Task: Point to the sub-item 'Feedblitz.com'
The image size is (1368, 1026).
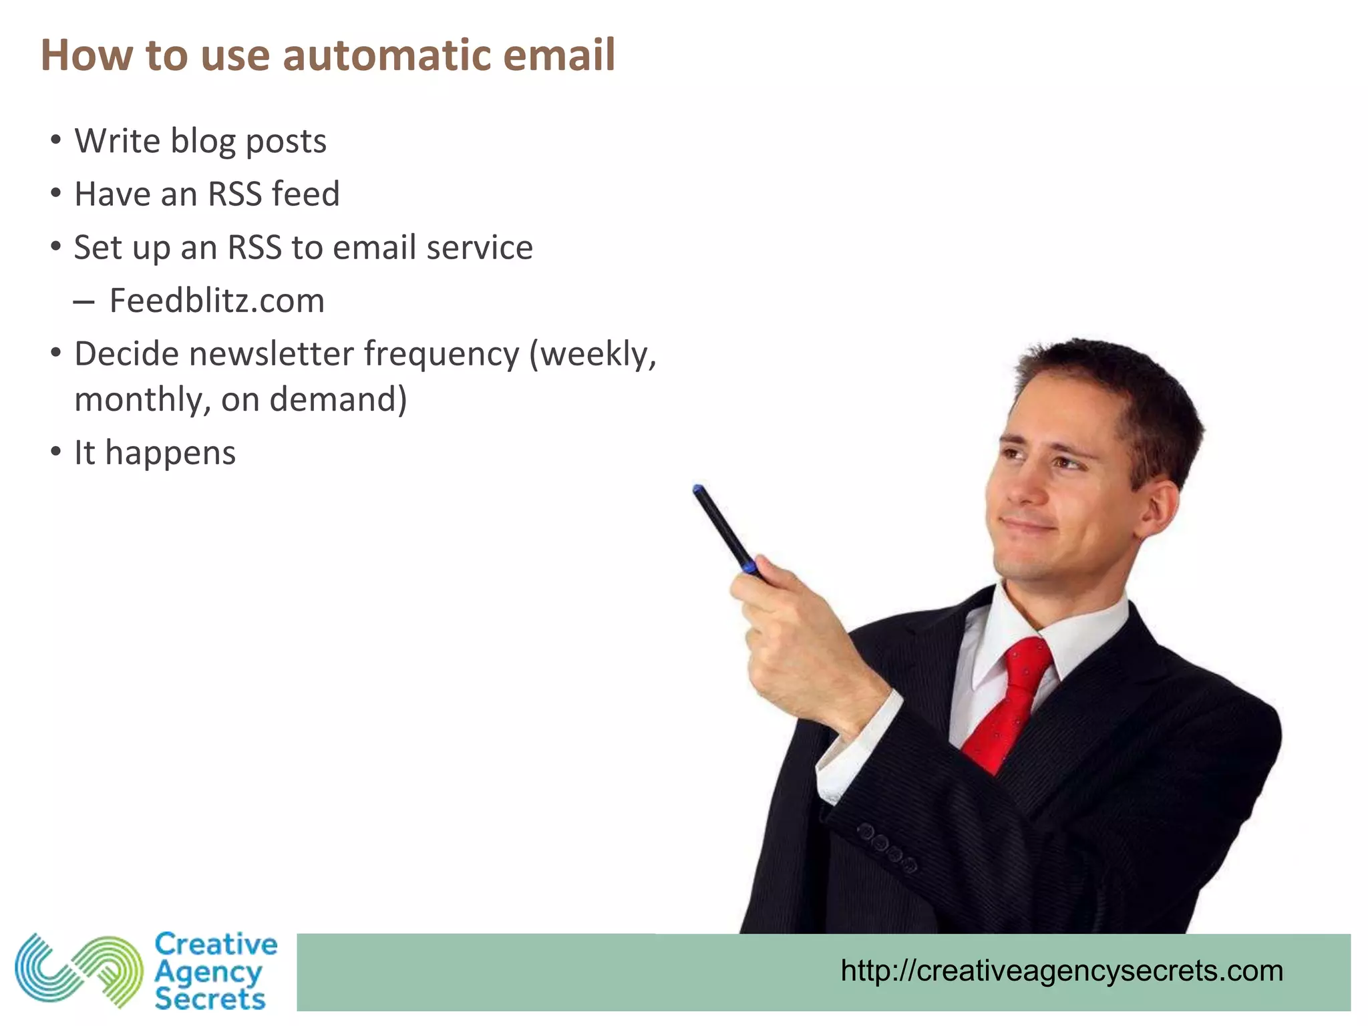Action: [216, 301]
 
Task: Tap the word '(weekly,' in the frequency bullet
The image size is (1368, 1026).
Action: [593, 354]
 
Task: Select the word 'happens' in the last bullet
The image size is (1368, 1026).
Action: [170, 454]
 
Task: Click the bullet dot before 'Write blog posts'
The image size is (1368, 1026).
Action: [56, 141]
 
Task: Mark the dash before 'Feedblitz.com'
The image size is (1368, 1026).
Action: [83, 302]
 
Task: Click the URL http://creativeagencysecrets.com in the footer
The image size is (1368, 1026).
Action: [1061, 971]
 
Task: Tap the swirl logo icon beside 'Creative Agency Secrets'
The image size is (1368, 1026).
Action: [79, 971]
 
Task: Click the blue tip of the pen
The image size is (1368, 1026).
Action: [699, 490]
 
